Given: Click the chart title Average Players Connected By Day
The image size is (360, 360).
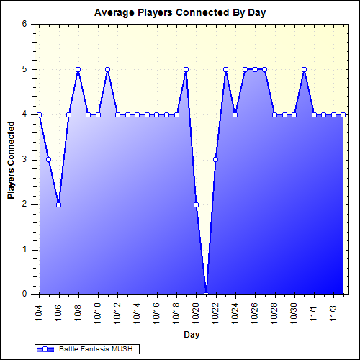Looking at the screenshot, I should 179,13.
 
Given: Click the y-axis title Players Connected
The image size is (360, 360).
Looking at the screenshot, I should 11,159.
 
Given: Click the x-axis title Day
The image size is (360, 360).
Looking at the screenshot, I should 191,335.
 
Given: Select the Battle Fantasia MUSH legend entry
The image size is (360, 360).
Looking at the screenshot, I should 86,348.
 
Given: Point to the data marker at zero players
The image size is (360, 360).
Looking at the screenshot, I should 206,294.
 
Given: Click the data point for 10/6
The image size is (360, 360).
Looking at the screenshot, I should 58,204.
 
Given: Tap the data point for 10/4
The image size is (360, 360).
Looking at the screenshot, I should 39,114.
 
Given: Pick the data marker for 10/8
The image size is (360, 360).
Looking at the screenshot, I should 78,69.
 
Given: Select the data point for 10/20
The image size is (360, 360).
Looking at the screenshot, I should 196,204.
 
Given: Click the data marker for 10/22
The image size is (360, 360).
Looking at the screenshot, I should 215,159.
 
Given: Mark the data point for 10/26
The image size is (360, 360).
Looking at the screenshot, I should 255,69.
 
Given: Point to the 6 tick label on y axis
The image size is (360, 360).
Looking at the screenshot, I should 24,24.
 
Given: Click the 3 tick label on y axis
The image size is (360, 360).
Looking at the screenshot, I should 24,159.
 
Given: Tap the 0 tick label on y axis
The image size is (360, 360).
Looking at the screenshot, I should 24,294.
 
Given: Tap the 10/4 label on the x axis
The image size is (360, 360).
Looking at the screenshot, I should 39,311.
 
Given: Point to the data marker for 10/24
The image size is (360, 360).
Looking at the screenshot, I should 235,114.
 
